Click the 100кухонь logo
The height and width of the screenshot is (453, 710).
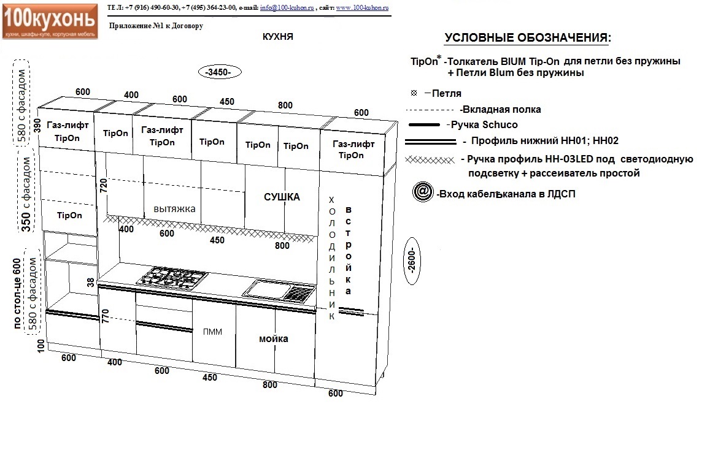pos(50,21)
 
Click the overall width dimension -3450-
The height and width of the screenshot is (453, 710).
pos(220,72)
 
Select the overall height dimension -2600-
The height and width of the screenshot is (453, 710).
pos(411,261)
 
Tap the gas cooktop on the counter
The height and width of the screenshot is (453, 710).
pos(172,277)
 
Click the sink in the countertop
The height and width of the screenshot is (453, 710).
pos(279,291)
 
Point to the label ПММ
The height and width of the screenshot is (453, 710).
pos(212,332)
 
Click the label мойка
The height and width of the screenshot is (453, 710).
pos(274,338)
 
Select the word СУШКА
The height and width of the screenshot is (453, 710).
pos(282,197)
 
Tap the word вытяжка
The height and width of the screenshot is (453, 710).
pos(174,209)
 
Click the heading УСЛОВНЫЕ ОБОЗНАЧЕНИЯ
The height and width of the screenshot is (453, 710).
pos(528,38)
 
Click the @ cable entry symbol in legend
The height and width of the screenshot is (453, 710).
pos(422,192)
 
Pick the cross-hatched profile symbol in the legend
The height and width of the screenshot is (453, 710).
pos(430,159)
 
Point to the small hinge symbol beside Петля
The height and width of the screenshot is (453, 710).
pos(414,93)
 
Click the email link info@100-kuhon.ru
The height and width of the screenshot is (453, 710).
pos(287,8)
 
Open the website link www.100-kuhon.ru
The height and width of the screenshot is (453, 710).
pos(362,8)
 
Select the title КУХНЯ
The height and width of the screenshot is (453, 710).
pos(277,37)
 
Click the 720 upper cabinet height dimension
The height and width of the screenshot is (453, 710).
pos(104,186)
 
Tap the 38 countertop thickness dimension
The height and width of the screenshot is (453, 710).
pos(91,282)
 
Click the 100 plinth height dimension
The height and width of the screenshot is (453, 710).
pos(41,345)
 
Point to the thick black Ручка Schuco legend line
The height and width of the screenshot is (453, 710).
pos(424,125)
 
